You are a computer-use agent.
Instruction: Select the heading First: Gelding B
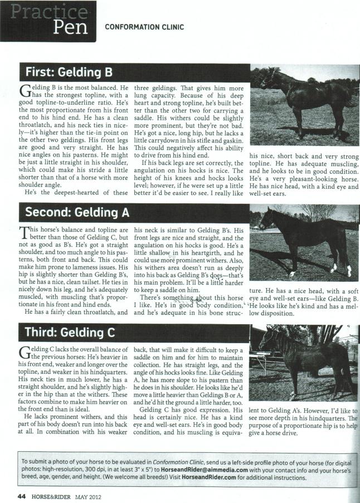click(x=69, y=72)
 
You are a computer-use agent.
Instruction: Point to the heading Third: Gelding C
click(x=70, y=333)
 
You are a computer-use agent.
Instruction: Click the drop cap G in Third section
click(x=26, y=351)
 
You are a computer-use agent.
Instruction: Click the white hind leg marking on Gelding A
click(x=348, y=271)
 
